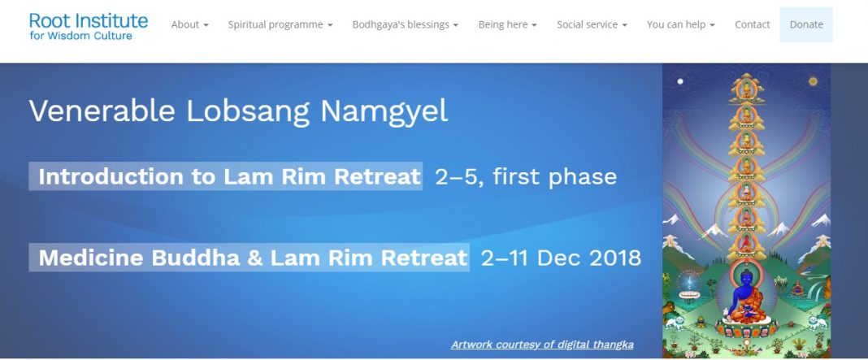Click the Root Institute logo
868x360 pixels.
coord(89,27)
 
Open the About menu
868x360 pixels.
coord(190,24)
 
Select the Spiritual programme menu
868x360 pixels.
coord(280,24)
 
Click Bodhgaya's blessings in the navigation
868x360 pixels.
coord(406,24)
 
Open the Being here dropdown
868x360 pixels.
coord(508,24)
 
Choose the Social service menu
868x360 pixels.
coord(592,24)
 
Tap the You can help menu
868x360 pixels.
coord(681,24)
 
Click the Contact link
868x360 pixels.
coord(753,24)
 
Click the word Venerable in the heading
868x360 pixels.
coord(102,111)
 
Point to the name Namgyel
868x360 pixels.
coord(384,112)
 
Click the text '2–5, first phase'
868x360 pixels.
coord(525,176)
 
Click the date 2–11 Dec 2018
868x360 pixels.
coord(561,258)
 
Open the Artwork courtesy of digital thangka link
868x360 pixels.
coord(543,345)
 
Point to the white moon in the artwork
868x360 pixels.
coord(680,81)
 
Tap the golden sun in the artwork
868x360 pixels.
coord(813,81)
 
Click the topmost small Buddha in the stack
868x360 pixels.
coord(747,89)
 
